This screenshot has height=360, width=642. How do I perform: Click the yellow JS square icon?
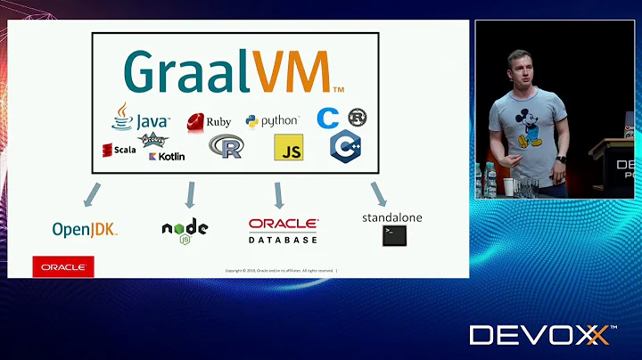288,148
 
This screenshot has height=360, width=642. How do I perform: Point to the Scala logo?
119,150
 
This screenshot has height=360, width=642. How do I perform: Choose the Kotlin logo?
167,156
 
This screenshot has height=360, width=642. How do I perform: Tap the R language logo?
226,146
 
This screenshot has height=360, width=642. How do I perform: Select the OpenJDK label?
85,230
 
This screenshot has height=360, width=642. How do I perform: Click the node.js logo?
185,229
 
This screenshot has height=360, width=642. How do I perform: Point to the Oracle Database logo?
283,231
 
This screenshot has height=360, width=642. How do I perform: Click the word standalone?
392,217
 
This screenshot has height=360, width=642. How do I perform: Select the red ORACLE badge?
63,266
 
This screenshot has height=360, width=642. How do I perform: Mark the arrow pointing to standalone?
378,193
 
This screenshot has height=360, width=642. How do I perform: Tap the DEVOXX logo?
540,335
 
